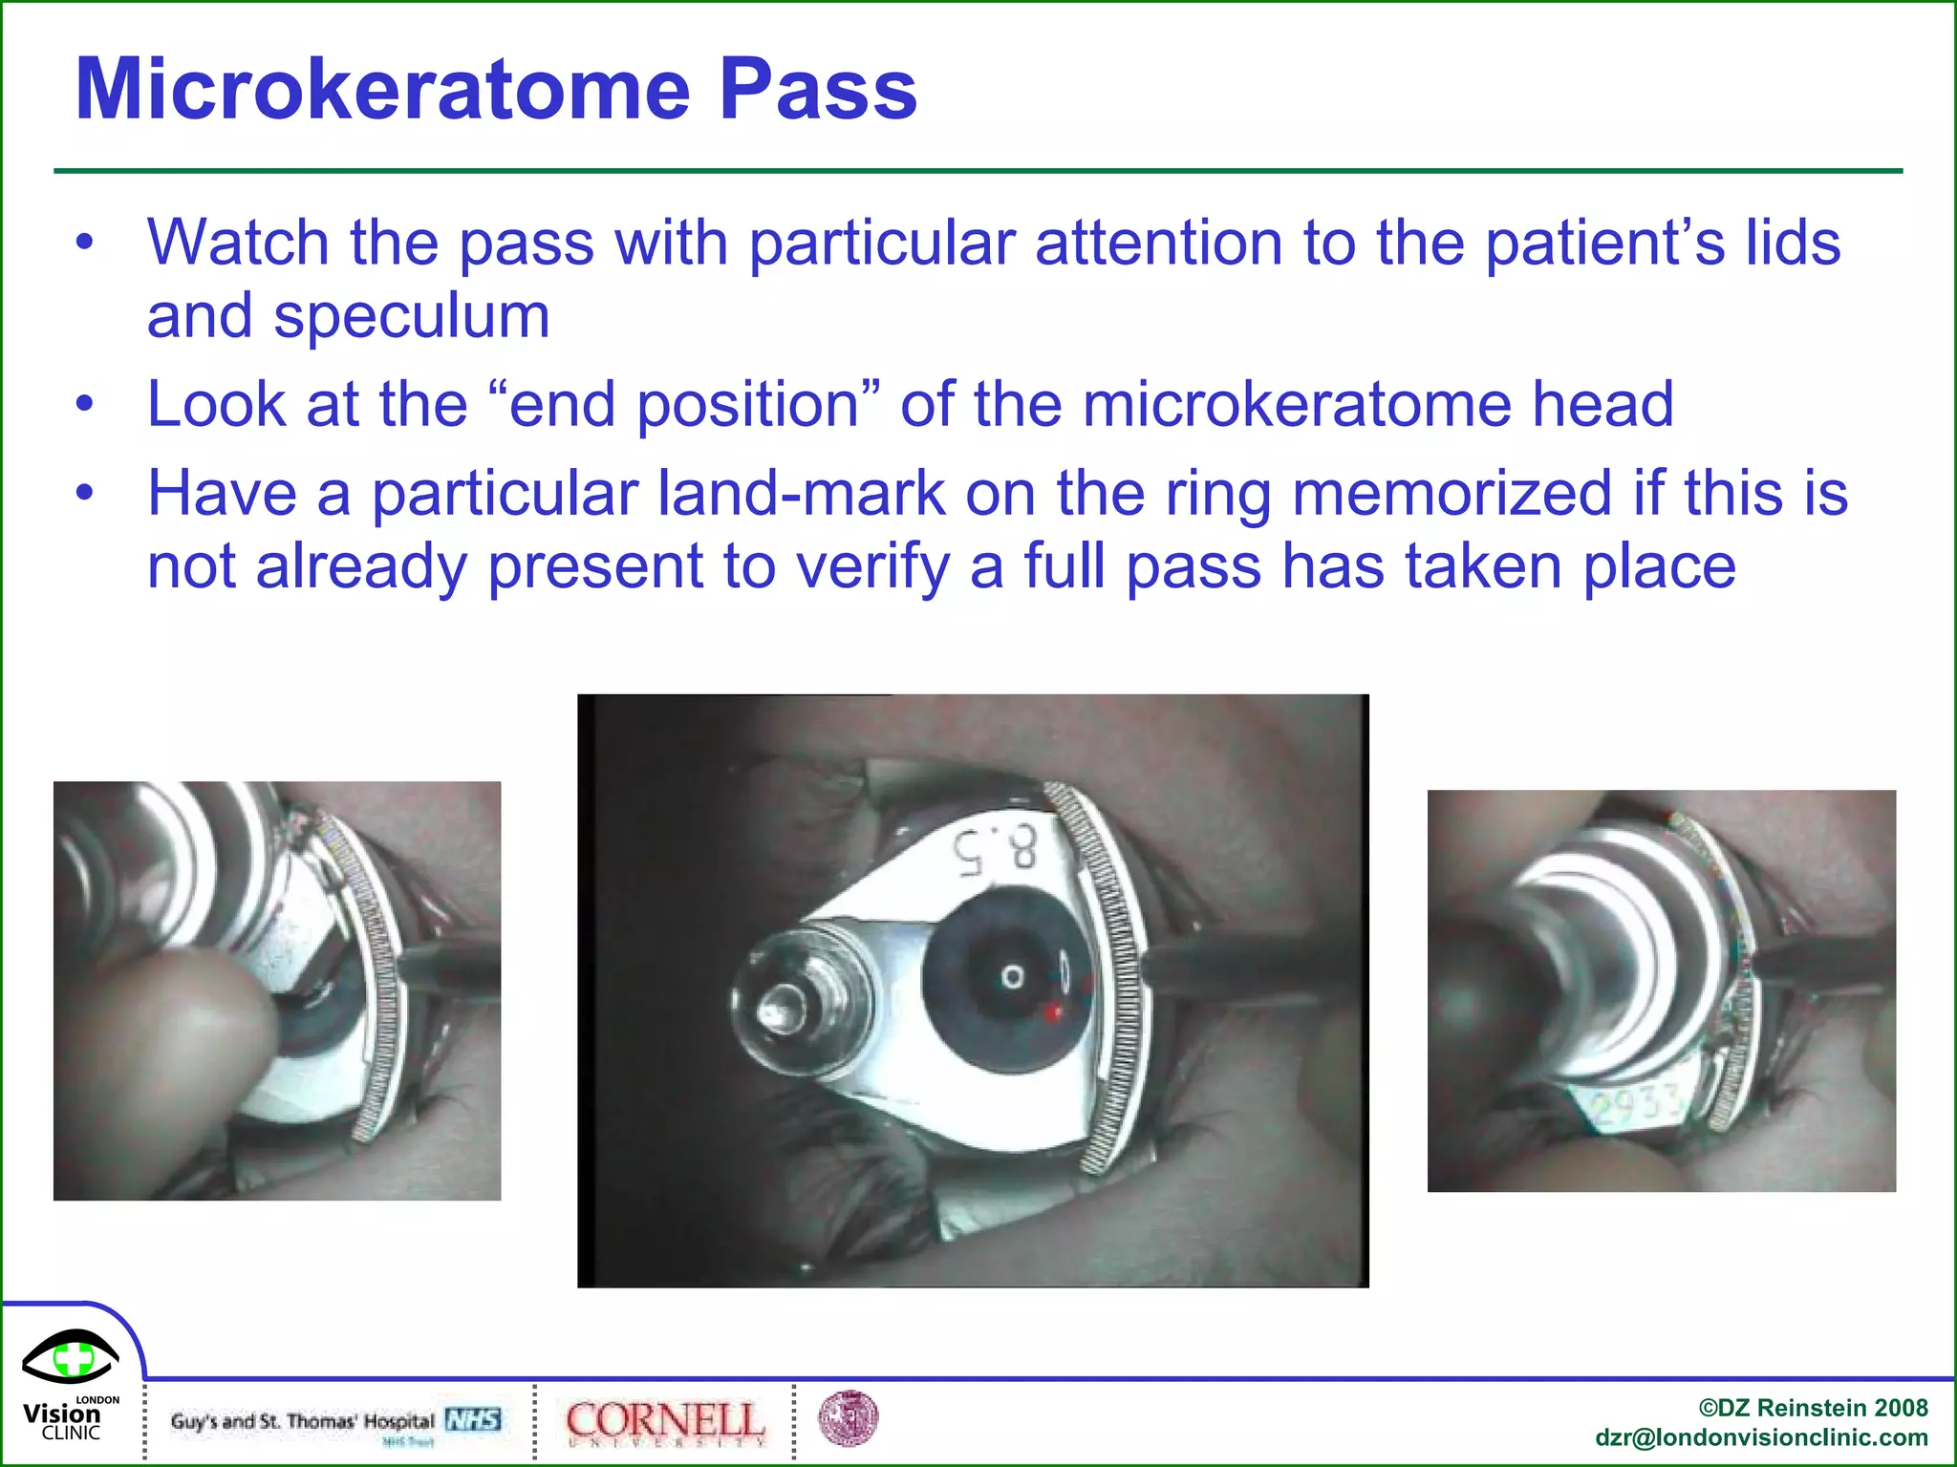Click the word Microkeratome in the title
[x=382, y=90]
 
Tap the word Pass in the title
[x=818, y=90]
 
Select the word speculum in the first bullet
[x=412, y=318]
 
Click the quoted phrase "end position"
[x=684, y=405]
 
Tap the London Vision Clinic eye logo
[x=71, y=1357]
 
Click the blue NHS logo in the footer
[x=473, y=1419]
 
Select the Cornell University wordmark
[x=665, y=1421]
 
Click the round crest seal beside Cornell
[x=848, y=1418]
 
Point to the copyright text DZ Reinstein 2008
[x=1813, y=1408]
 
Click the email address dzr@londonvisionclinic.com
[x=1761, y=1437]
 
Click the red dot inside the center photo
[x=1052, y=1010]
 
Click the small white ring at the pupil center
[x=1012, y=977]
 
